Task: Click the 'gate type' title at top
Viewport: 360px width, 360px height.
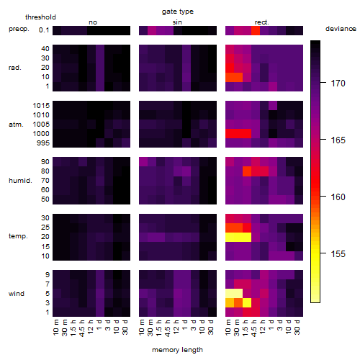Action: pos(178,12)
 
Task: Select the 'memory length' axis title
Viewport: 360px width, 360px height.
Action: pos(177,350)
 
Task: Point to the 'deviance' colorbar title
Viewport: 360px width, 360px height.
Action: pos(341,29)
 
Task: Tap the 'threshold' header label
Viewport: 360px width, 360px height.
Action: pos(40,17)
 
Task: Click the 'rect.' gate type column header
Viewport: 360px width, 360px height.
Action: pos(261,22)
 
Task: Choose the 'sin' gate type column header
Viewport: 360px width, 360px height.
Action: pos(177,22)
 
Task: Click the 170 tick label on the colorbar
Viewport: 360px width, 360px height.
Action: pos(338,84)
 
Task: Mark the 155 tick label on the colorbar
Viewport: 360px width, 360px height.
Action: pos(338,253)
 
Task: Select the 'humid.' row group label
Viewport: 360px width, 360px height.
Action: pos(20,181)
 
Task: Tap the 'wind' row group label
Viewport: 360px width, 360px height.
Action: pos(17,294)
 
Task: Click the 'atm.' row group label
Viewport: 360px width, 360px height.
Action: pos(16,125)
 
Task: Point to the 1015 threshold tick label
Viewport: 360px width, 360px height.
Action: pos(41,106)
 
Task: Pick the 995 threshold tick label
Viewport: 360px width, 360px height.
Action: pos(43,143)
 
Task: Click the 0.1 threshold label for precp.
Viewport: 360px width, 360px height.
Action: pos(44,30)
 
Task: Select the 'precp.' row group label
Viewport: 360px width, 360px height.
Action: pos(19,29)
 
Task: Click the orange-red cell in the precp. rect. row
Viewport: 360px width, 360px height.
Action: pos(256,30)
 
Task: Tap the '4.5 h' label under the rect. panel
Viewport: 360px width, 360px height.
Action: pos(254,328)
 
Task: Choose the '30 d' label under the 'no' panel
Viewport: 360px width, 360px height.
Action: pos(125,327)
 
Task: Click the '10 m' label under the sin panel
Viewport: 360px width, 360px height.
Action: pos(142,328)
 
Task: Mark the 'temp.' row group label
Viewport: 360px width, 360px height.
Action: pos(18,236)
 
